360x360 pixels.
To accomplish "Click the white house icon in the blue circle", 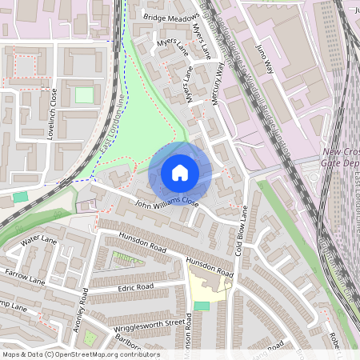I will [x=180, y=172].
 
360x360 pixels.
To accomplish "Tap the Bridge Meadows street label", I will [x=170, y=16].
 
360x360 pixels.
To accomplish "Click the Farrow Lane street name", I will [x=26, y=276].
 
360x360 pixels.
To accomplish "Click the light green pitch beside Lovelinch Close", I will [x=84, y=95].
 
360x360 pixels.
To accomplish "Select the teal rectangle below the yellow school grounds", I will [x=202, y=306].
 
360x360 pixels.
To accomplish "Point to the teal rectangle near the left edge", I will [x=19, y=196].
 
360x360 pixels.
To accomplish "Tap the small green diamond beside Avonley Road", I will [x=90, y=338].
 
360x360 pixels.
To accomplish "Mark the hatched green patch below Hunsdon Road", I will [x=123, y=258].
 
